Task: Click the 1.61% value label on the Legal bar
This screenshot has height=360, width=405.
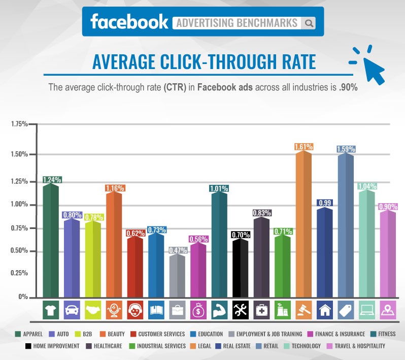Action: [x=303, y=147]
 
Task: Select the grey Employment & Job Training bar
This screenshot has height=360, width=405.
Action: [x=177, y=275]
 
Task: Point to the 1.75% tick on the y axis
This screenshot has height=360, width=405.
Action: [x=19, y=124]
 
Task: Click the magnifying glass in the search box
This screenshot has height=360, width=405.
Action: [x=309, y=23]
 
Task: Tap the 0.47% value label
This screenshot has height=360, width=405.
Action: [x=177, y=250]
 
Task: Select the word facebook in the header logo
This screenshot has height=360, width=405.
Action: [x=129, y=21]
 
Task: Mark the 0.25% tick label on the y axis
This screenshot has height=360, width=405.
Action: [x=19, y=273]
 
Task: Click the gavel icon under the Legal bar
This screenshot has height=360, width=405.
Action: [x=303, y=309]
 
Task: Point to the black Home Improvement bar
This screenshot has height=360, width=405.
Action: [x=240, y=268]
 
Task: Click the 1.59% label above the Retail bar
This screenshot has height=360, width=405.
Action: [x=345, y=149]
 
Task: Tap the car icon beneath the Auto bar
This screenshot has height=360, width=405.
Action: [x=72, y=309]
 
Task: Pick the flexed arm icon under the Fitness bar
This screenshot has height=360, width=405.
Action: [x=219, y=309]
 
